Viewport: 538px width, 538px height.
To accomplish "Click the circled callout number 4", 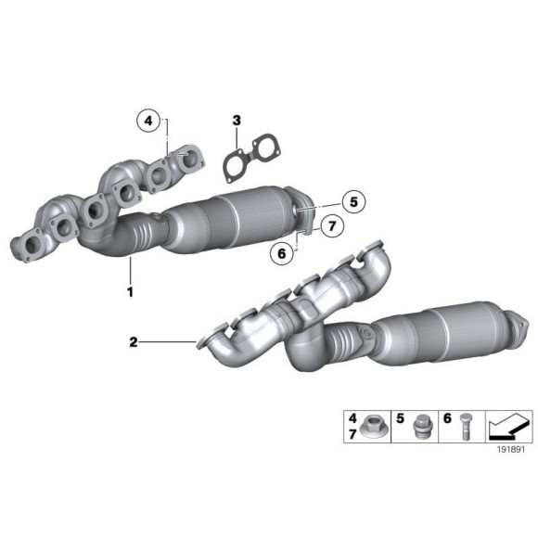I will (x=147, y=120).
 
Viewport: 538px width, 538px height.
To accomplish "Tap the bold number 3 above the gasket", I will (x=237, y=120).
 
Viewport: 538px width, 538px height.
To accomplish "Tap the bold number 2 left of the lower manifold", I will (x=134, y=342).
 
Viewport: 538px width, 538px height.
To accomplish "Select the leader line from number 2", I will (x=167, y=342).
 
